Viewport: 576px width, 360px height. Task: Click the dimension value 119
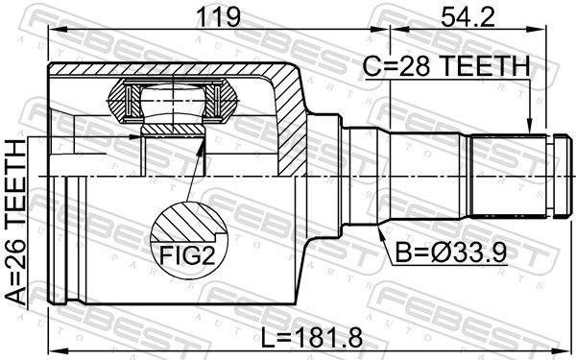pyautogui.click(x=218, y=17)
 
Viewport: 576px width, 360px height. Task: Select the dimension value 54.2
pyautogui.click(x=468, y=17)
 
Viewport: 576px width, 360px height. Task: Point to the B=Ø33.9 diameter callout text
pyautogui.click(x=451, y=252)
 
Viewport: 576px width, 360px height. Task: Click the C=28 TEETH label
pyautogui.click(x=446, y=66)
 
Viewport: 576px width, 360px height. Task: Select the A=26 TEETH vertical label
pyautogui.click(x=16, y=223)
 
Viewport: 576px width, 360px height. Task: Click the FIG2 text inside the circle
pyautogui.click(x=186, y=255)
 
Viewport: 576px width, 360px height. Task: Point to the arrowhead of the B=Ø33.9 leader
pyautogui.click(x=381, y=232)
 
